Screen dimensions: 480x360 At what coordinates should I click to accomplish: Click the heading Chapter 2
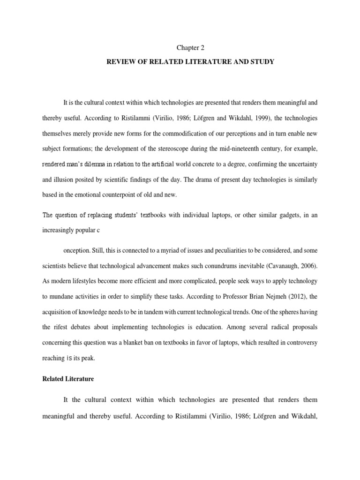[x=190, y=47]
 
